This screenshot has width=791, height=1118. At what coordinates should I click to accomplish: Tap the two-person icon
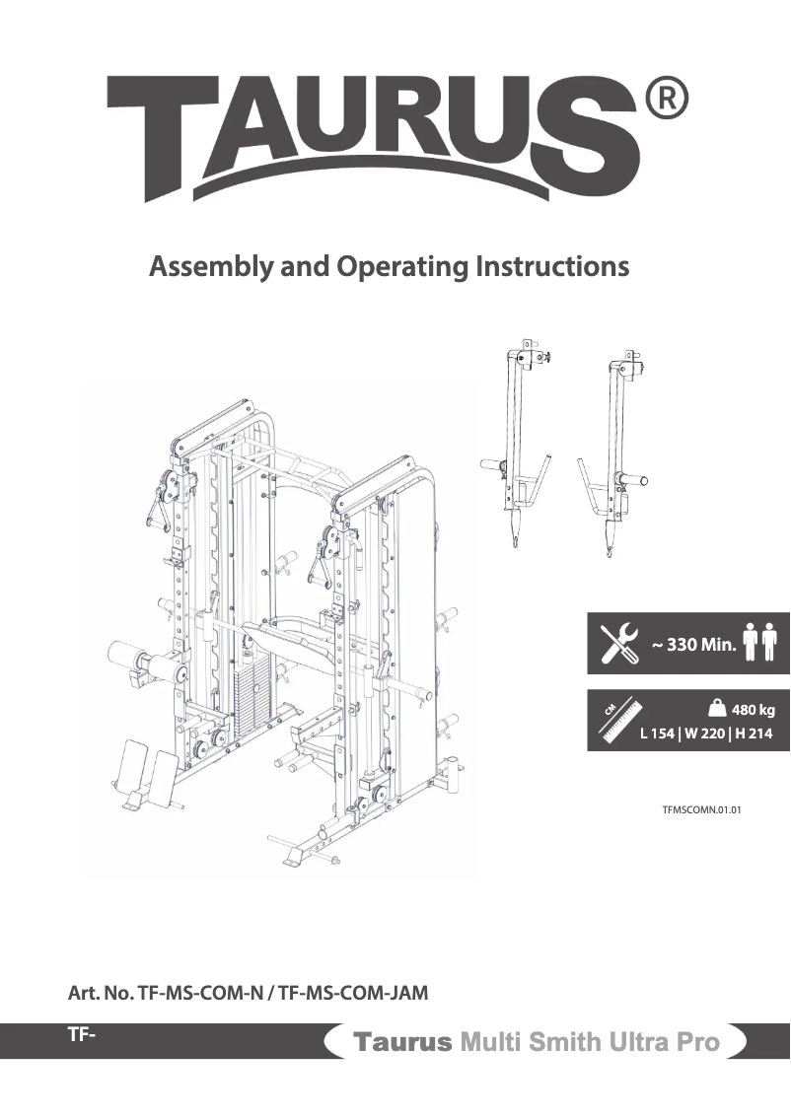pos(761,644)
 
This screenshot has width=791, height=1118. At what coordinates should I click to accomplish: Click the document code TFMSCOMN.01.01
pos(700,810)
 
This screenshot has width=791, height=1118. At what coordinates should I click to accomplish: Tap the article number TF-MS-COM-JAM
pos(353,993)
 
